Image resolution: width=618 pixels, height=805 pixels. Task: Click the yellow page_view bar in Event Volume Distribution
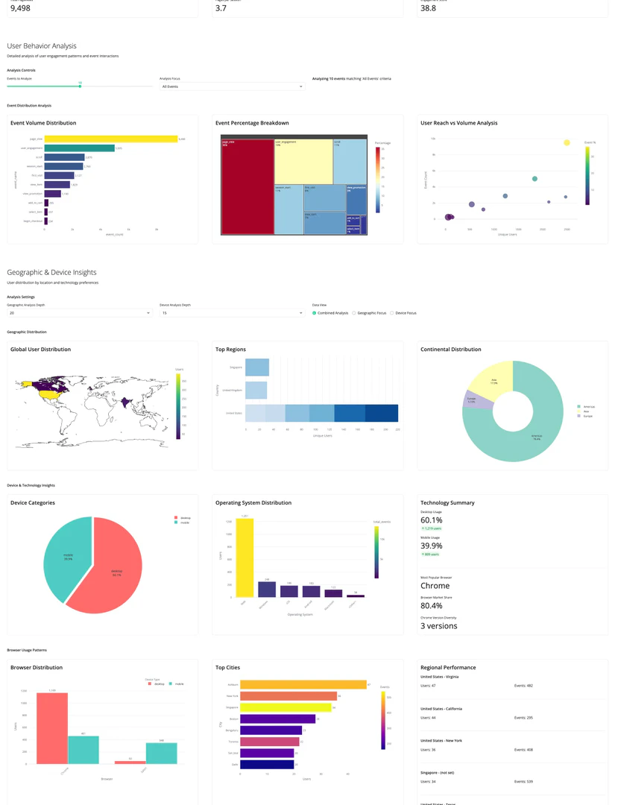[110, 139]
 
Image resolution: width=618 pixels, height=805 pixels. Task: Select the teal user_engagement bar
[79, 148]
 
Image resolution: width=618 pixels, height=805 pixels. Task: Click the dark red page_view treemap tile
[247, 186]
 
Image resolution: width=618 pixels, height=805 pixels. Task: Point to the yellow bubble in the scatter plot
[567, 142]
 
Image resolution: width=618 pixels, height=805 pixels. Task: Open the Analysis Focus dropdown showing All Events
[233, 86]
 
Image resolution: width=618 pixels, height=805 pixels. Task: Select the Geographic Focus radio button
[354, 313]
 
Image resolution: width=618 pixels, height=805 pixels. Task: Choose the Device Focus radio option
[392, 313]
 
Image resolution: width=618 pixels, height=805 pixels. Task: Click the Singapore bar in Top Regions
[257, 367]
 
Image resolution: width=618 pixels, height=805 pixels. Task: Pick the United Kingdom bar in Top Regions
[256, 390]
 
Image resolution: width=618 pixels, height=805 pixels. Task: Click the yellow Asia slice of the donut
[489, 380]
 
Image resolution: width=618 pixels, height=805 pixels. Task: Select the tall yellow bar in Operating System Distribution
[245, 558]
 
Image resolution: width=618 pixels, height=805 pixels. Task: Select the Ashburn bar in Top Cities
[303, 684]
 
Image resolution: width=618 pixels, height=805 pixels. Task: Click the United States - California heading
[441, 709]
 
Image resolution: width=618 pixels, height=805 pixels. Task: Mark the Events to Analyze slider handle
[80, 86]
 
